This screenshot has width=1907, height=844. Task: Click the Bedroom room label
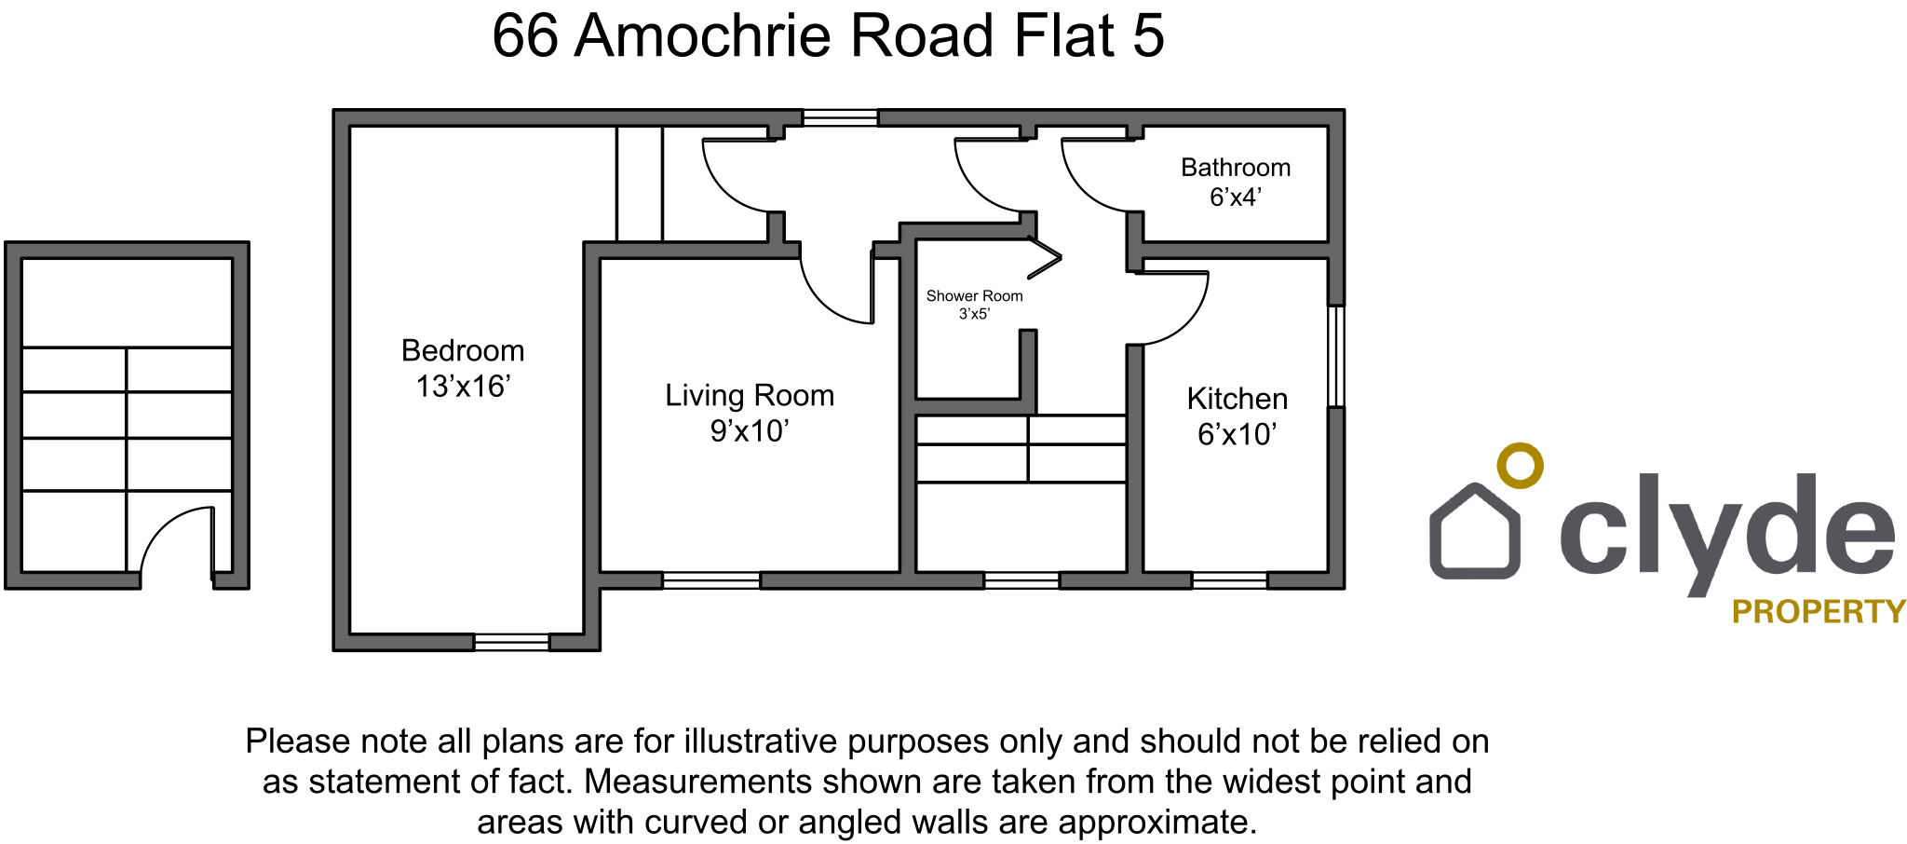click(463, 351)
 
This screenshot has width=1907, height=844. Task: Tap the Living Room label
click(750, 396)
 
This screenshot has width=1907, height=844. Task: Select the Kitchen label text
click(1238, 399)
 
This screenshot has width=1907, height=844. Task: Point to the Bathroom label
click(1236, 168)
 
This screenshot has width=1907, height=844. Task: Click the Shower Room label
click(974, 296)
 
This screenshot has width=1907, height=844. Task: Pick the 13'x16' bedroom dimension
click(463, 387)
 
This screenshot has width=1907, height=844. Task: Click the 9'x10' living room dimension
click(750, 431)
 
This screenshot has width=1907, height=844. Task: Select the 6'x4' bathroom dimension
click(1236, 197)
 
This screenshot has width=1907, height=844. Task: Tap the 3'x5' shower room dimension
click(974, 314)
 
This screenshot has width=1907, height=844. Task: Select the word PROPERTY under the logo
click(1819, 612)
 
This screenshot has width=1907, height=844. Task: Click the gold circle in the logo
click(1520, 465)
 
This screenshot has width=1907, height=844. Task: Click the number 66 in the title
click(525, 36)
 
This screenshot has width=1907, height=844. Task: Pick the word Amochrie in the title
click(703, 36)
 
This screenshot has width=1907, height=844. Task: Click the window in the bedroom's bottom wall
click(511, 642)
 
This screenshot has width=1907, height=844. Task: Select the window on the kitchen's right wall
click(1336, 356)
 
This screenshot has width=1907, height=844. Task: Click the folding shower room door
click(1045, 258)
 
